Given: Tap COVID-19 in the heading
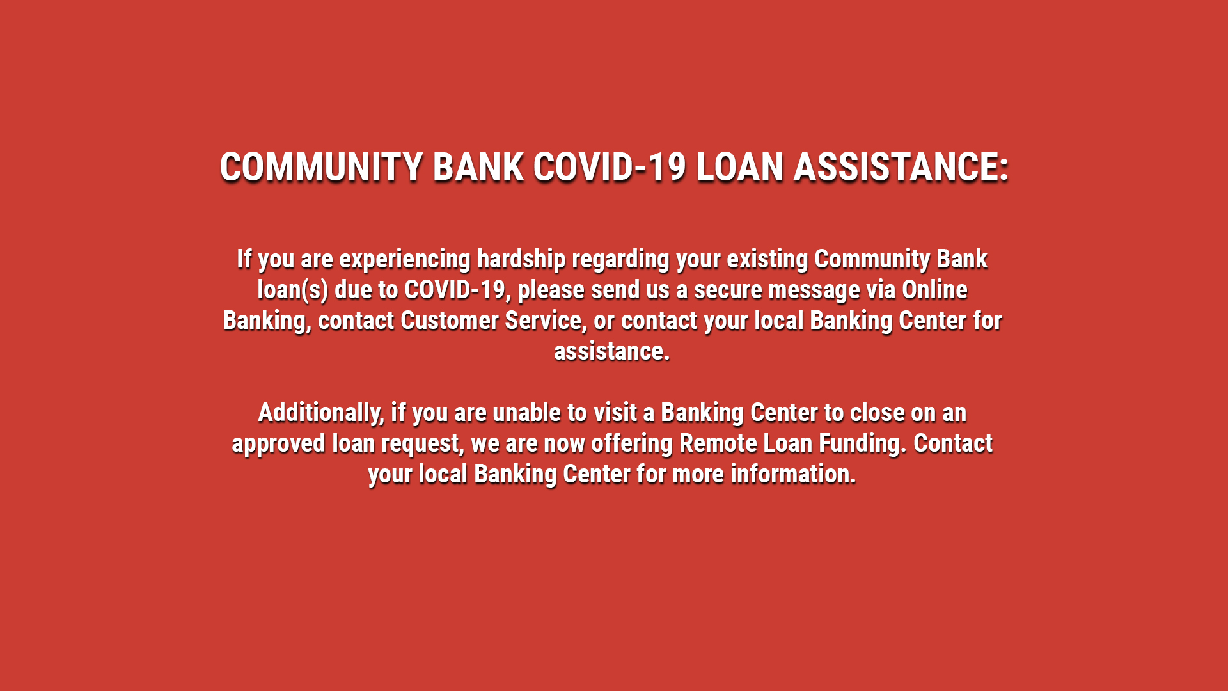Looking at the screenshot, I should pos(610,167).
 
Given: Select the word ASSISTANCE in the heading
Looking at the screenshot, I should pos(895,167).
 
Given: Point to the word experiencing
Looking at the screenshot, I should pos(405,260).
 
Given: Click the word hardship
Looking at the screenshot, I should pos(521,259).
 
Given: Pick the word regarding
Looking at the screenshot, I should pos(620,260).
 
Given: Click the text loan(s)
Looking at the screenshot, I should pos(293,290).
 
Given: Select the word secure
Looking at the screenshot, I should pos(728,290).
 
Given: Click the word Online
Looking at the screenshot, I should pos(934,289).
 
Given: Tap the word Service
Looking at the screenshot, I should pos(544,321).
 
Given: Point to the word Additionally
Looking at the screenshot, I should pos(320,413).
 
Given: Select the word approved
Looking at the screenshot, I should pos(278,444).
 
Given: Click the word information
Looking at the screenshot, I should pos(793,474).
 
